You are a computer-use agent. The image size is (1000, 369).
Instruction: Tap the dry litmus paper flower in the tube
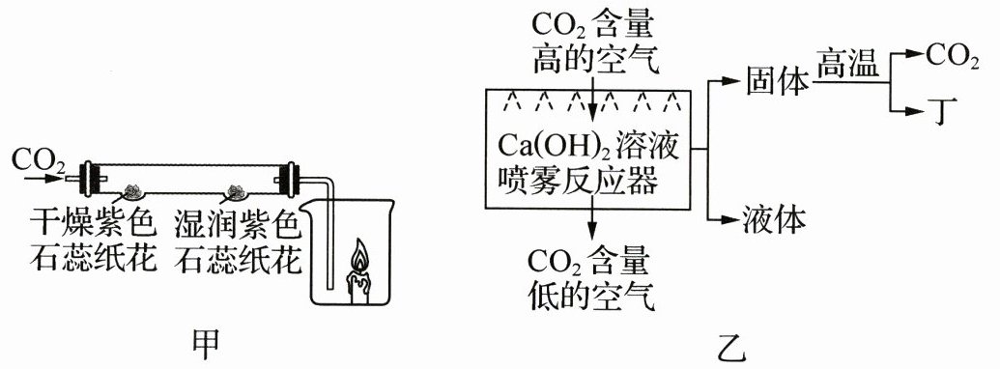coord(133,190)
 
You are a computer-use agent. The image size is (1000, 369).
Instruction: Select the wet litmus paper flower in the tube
coord(235,190)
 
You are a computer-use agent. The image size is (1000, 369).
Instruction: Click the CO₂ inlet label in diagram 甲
coord(39,159)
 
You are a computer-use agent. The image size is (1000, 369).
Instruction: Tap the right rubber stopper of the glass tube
coord(291,179)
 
